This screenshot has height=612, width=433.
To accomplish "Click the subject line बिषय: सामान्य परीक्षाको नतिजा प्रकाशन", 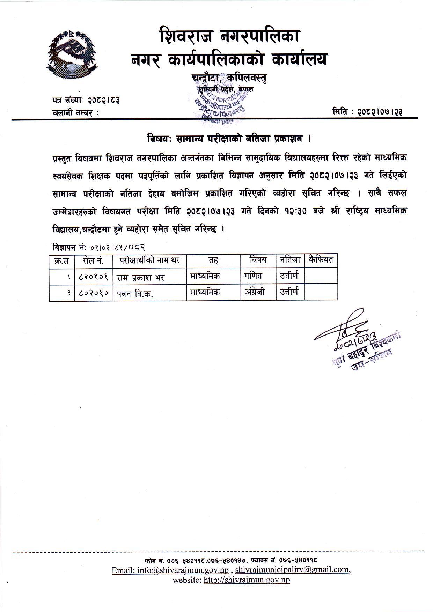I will coord(229,139).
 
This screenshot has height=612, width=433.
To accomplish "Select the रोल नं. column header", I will coord(93,260).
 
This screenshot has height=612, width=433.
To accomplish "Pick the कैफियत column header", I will coord(321,260).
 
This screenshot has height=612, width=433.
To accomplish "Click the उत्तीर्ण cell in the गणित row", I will coord(289,276).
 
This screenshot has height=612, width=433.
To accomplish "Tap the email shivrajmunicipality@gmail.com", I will coord(292,570).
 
